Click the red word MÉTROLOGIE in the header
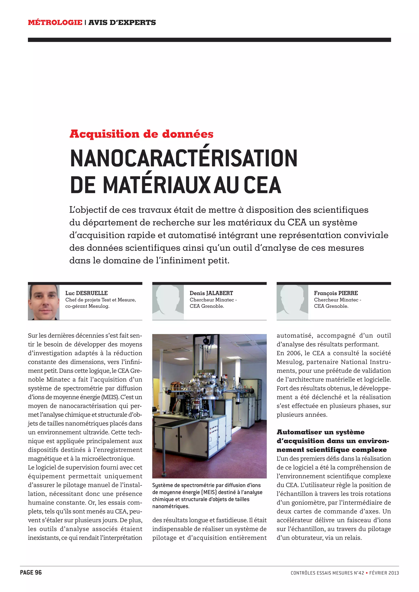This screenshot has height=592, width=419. coord(55,22)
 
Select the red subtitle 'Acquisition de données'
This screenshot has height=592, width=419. coord(141,134)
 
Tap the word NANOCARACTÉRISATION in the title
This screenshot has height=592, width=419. coord(184,158)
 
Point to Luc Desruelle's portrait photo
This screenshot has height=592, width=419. coord(44,302)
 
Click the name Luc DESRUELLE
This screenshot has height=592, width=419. coord(86,293)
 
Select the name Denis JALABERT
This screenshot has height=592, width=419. coord(211,293)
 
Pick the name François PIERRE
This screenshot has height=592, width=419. coord(336,293)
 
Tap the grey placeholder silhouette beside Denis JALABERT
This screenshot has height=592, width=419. coord(168,302)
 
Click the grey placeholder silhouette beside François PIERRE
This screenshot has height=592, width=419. coord(292,302)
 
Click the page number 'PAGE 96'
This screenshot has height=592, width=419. coord(31,573)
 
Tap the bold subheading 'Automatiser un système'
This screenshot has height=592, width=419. coord(320,432)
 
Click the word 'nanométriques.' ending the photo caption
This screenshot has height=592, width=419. coord(171,506)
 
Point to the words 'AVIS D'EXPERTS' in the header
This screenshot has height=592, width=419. coord(122,22)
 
